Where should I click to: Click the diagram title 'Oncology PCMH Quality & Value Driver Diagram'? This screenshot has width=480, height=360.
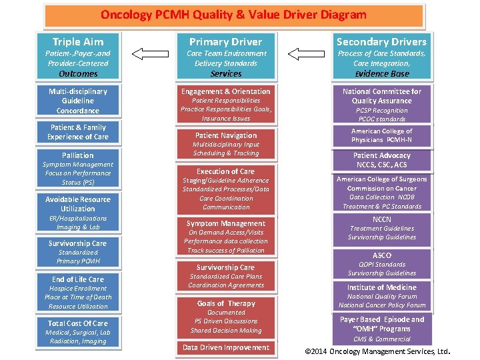tap(233, 14)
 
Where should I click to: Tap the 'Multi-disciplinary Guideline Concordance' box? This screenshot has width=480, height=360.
tap(78, 101)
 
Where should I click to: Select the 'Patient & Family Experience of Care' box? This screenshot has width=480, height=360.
tap(78, 132)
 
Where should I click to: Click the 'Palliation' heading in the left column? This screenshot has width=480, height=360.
tap(78, 155)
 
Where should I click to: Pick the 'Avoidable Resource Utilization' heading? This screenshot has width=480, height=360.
tap(78, 204)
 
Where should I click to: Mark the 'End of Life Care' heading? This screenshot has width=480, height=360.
tap(78, 279)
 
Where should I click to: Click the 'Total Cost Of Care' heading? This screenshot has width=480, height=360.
tap(78, 323)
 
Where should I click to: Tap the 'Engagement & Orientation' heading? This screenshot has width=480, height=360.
tap(225, 91)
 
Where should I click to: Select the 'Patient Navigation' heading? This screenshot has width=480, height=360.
tap(225, 135)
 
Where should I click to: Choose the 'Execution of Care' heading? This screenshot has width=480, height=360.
tap(225, 171)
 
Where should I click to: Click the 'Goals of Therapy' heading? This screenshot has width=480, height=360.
tap(225, 303)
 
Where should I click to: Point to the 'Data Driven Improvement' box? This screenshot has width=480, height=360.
tap(225, 347)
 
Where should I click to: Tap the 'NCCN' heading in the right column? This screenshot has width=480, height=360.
tap(381, 219)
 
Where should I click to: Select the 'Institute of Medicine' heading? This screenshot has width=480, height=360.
tap(381, 287)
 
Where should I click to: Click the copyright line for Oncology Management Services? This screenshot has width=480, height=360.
tap(377, 351)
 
